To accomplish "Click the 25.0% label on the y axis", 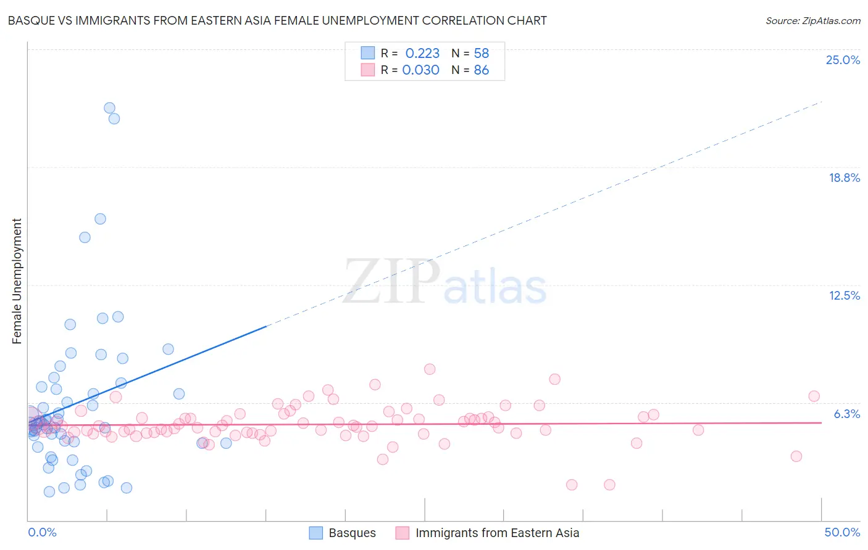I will point(843,60).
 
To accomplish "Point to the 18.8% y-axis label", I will point(844,178).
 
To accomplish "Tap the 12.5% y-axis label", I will point(844,295).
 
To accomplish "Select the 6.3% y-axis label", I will point(846,414).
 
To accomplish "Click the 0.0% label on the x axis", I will point(42,532).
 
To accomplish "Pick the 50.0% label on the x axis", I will point(842,532).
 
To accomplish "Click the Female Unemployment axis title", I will point(17,281).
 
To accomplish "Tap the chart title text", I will point(277,20).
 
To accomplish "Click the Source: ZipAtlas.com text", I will point(812,20).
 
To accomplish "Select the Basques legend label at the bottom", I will point(352,533).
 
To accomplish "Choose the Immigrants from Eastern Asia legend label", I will point(497,533).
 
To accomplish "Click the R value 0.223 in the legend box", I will point(422,53).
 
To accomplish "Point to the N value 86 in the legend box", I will point(481,70).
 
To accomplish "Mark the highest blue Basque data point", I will point(109,108).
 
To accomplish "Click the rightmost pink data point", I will point(814,396).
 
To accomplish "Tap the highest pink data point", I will point(430,369).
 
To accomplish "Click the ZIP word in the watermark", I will point(391,281).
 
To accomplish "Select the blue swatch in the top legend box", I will point(368,53).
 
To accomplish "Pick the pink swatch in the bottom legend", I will point(403,533).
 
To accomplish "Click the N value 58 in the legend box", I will point(481,53).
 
